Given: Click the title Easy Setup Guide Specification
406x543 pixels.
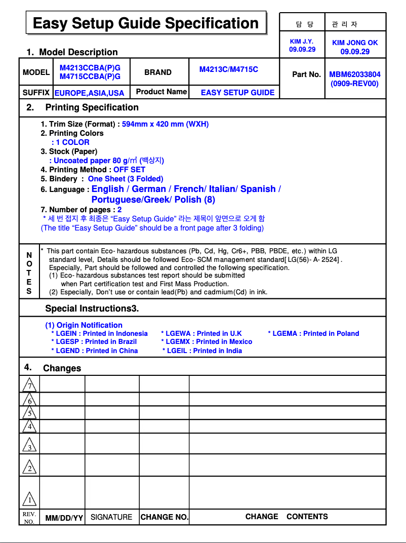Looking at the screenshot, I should (146, 23).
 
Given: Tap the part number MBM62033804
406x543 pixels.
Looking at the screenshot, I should (355, 74).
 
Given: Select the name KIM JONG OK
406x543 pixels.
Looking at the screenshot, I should (355, 43).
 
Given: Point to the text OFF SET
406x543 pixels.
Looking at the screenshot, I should (129, 170).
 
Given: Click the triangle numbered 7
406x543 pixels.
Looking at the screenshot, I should (30, 385).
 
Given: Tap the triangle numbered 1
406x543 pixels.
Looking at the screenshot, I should (30, 500).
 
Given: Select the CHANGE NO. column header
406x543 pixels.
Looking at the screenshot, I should (165, 517).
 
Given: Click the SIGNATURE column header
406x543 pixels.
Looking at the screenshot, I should (111, 517).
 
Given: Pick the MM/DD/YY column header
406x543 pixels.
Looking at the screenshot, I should (64, 518).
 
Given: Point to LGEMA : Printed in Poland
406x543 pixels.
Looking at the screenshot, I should (313, 333).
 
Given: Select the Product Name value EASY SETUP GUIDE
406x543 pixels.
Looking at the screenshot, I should (237, 92).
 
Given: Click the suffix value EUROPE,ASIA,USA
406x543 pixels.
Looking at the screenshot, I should (89, 93).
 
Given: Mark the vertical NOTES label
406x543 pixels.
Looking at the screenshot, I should (29, 273).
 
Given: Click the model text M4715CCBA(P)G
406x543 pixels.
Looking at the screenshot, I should (90, 76).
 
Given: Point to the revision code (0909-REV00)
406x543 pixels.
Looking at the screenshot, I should (354, 84).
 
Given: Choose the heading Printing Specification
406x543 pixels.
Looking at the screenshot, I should (92, 107).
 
